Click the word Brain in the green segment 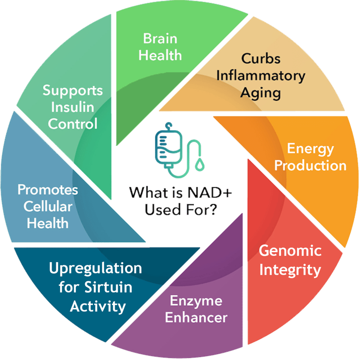point(160,38)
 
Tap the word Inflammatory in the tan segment point(261,76)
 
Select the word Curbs point(261,59)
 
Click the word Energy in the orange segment point(310,149)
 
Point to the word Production point(310,165)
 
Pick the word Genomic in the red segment point(290,250)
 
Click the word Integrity point(290,270)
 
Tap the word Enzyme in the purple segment point(196,301)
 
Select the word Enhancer point(196,317)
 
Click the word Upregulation point(96,269)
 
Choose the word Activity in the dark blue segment point(98,307)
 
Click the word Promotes point(48,190)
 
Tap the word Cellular point(48,206)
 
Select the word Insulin point(73,107)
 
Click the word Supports point(73,90)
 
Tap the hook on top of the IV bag point(169,126)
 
